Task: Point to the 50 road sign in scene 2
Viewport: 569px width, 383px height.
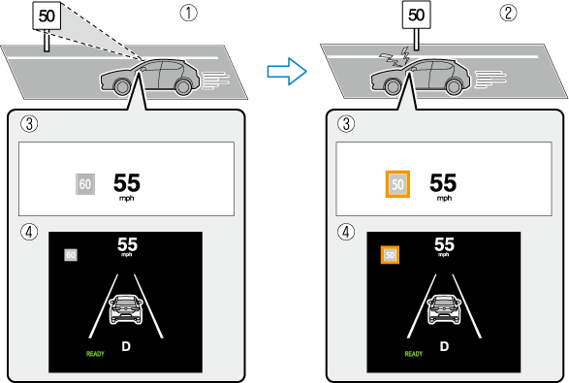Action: pyautogui.click(x=416, y=16)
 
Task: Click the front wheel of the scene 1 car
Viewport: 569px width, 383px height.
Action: pyautogui.click(x=123, y=87)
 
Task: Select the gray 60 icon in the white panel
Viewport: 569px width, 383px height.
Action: pyautogui.click(x=85, y=182)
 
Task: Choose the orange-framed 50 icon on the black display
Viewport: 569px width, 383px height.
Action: pyautogui.click(x=390, y=255)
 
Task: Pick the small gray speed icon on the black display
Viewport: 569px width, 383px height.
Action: pyautogui.click(x=71, y=255)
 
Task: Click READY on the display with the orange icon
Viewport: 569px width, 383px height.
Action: pyautogui.click(x=414, y=354)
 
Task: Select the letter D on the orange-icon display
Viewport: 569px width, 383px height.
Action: pyautogui.click(x=444, y=346)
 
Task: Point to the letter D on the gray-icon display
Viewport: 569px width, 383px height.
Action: pyautogui.click(x=125, y=346)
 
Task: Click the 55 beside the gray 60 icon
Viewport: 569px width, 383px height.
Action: pyautogui.click(x=127, y=181)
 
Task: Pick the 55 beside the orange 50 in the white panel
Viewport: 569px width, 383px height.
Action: pyautogui.click(x=443, y=181)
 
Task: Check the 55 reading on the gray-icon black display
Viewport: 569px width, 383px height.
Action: pyautogui.click(x=126, y=244)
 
